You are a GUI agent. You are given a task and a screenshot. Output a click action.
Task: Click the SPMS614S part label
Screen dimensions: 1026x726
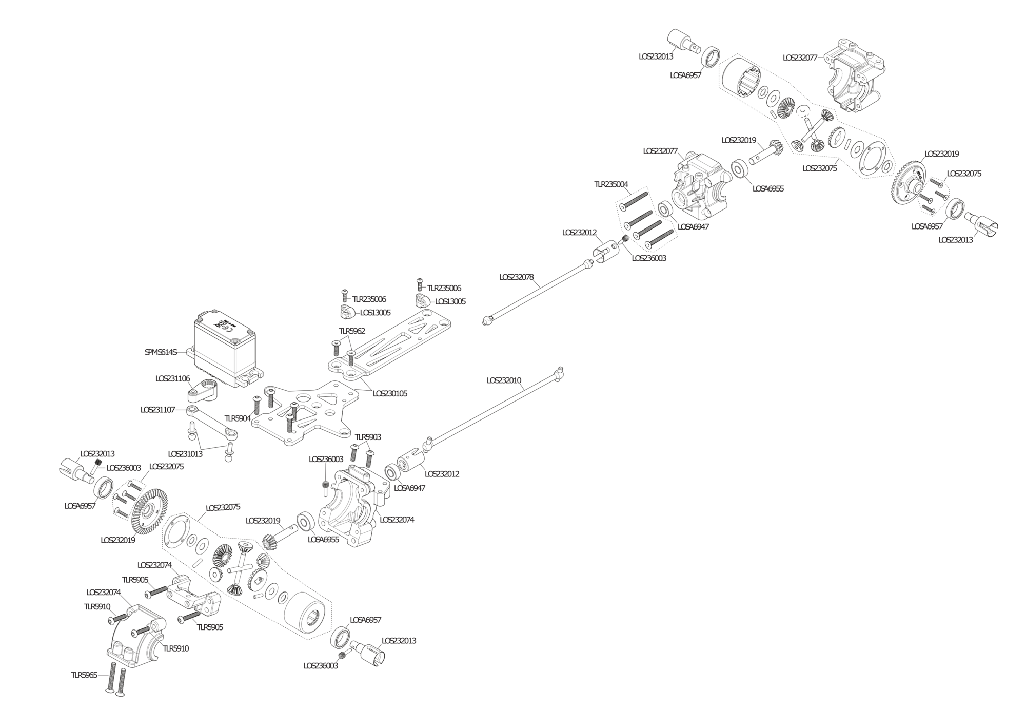pos(161,352)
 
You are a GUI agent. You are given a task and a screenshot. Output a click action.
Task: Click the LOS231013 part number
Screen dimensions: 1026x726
pos(185,454)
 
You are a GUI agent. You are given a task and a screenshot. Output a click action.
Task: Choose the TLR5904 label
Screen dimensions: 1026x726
pos(238,418)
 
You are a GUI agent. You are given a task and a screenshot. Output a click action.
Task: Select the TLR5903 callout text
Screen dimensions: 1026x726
pos(368,437)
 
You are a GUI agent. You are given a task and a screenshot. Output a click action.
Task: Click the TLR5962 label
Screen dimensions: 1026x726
pos(352,331)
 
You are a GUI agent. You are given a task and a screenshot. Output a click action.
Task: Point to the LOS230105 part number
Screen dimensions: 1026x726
pos(390,393)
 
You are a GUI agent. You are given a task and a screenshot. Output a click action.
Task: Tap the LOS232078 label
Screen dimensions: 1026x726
pos(517,277)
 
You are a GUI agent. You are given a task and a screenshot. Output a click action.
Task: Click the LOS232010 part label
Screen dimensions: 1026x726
pos(504,380)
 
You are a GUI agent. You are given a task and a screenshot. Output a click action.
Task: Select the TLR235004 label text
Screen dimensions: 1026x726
pos(611,184)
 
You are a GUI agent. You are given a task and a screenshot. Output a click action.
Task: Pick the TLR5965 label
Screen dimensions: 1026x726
pos(84,675)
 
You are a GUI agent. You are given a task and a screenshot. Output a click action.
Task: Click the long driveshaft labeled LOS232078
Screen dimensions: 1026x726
pos(539,292)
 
